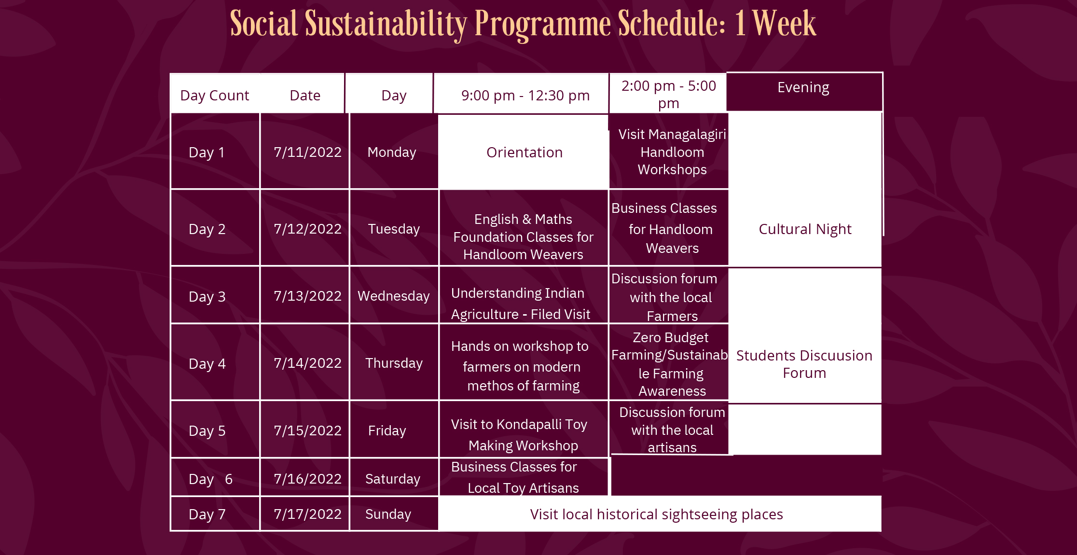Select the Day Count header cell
click(x=215, y=96)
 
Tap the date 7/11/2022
click(x=307, y=152)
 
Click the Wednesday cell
click(x=393, y=296)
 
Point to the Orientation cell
click(x=525, y=153)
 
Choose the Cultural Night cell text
click(x=805, y=229)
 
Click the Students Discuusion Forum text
click(x=804, y=364)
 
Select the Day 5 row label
click(x=207, y=430)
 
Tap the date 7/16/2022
click(x=307, y=479)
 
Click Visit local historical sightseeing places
click(x=656, y=514)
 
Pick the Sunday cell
click(x=388, y=514)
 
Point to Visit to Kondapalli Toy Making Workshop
click(x=520, y=435)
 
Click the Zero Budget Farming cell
click(x=670, y=364)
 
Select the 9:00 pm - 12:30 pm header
click(x=525, y=96)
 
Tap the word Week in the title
click(x=784, y=24)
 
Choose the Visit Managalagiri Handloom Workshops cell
click(x=672, y=152)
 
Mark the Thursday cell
click(x=394, y=363)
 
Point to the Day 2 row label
click(x=207, y=229)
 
